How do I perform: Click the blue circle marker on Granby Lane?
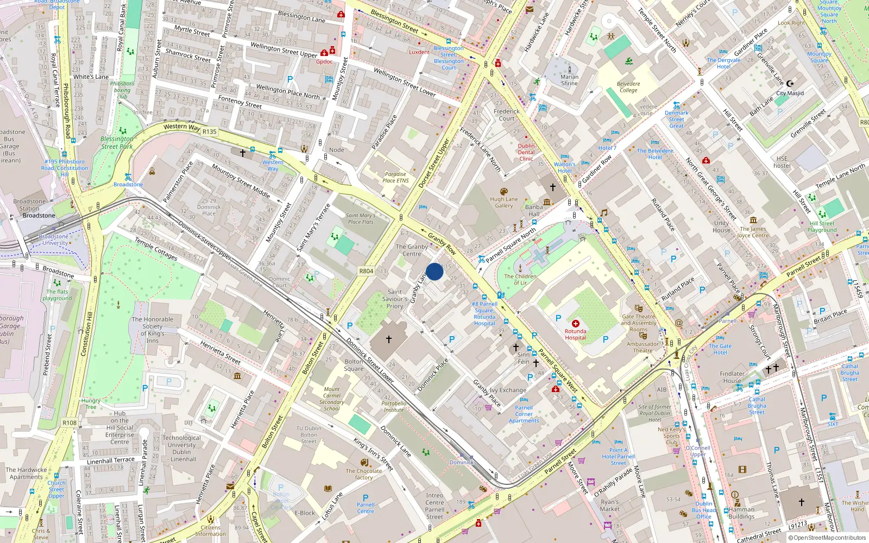pos(434,271)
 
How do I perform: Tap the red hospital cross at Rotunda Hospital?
pos(575,324)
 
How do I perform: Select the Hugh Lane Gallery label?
pos(503,202)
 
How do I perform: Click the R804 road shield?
pos(366,271)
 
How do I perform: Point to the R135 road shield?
pos(209,131)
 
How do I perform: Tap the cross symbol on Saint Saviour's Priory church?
pos(389,339)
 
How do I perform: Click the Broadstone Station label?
pos(29,205)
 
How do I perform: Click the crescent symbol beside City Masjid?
pos(790,84)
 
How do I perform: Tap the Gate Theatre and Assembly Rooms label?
pos(639,323)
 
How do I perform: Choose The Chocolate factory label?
pos(364,474)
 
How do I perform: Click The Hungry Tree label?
pos(91,403)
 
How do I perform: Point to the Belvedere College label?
pos(628,87)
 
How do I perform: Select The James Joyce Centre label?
pos(753,232)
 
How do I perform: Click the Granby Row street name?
pos(442,244)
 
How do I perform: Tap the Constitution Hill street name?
pos(86,334)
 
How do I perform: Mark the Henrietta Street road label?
pos(220,352)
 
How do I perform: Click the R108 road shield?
pos(70,422)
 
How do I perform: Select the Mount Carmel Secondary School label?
pos(332,399)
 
